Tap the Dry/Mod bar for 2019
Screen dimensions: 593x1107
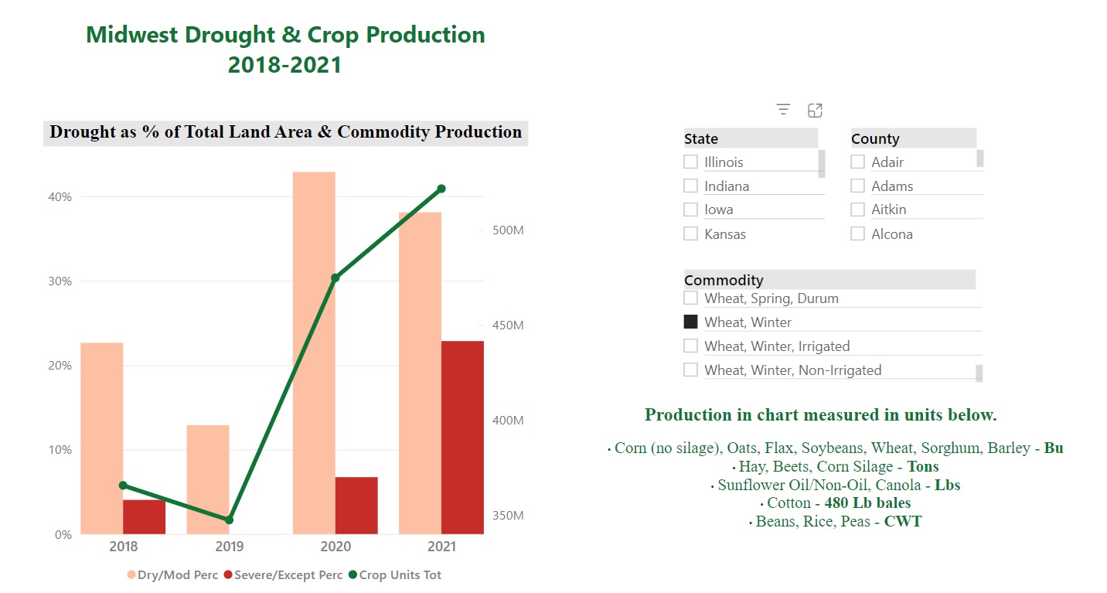[208, 479]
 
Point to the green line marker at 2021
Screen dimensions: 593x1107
[441, 189]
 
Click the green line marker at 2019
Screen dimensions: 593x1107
[229, 520]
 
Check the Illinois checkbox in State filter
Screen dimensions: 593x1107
[690, 162]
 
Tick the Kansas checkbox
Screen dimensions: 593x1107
[690, 233]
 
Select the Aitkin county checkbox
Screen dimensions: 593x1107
[857, 210]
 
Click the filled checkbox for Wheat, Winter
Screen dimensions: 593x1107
[690, 322]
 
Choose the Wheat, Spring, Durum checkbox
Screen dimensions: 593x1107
[690, 298]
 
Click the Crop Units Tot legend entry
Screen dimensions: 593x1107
[395, 575]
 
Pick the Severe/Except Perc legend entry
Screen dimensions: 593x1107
[282, 575]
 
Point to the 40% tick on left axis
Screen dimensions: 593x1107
[60, 197]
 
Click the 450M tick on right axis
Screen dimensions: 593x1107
[507, 325]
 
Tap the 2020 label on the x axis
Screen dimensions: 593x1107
[335, 547]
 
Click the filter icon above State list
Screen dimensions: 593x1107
[783, 110]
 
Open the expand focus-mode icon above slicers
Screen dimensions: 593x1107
[815, 110]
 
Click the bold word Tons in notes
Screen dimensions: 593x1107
[923, 466]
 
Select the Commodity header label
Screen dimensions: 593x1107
[724, 280]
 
